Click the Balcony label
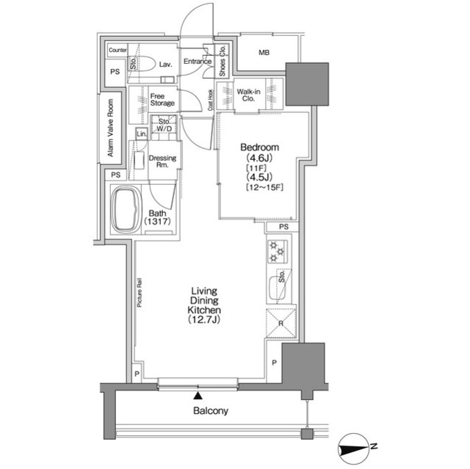tap(211, 410)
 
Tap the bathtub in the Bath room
tap(126, 210)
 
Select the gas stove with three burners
tap(277, 252)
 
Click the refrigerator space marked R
tap(281, 323)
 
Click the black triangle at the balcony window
tap(198, 396)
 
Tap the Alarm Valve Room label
tap(110, 128)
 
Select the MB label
tap(264, 53)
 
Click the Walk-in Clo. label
tap(248, 95)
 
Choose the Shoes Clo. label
tap(223, 61)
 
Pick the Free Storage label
tap(162, 100)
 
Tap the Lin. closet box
tap(142, 134)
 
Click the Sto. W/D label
tap(164, 126)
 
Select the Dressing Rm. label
tap(162, 161)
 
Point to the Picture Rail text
tap(140, 293)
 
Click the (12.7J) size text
tap(204, 319)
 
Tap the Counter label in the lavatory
tap(117, 50)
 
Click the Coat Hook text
tap(211, 100)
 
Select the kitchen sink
tap(277, 288)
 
